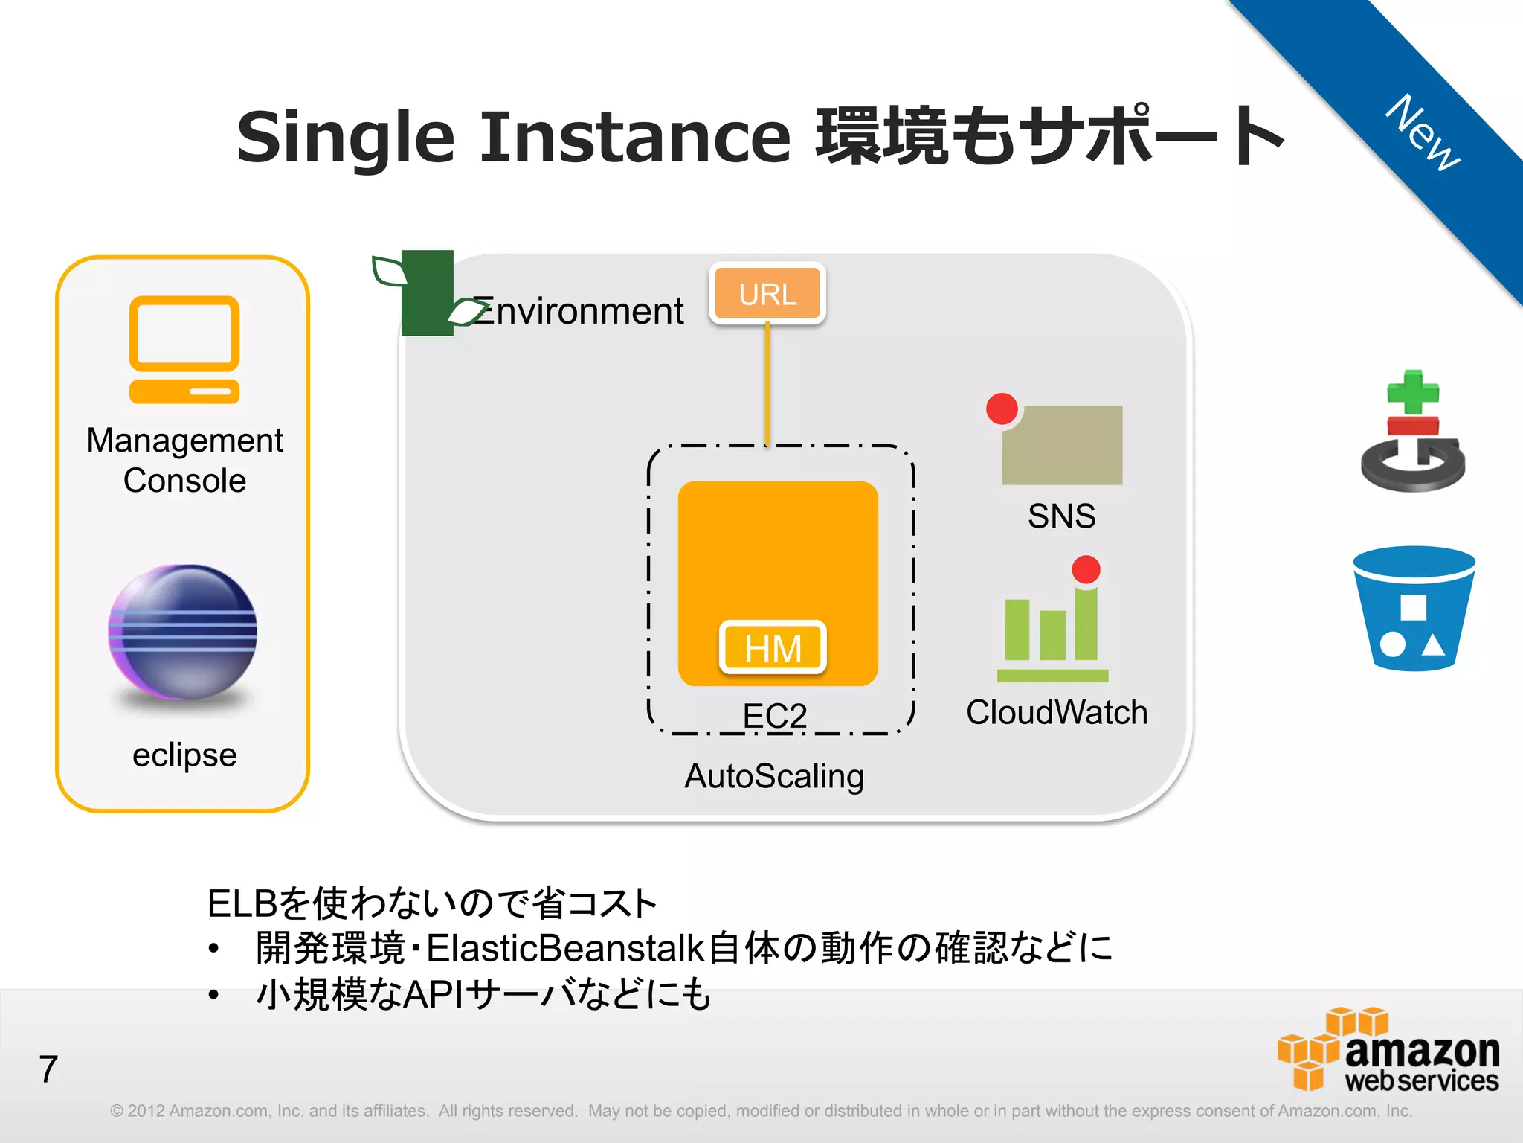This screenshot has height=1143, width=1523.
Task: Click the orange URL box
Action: [x=767, y=294]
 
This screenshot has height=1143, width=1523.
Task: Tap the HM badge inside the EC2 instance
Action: [x=773, y=647]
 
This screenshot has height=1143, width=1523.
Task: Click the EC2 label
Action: [x=775, y=716]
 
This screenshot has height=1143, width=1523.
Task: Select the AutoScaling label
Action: [x=774, y=776]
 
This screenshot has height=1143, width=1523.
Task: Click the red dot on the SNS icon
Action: [x=1002, y=409]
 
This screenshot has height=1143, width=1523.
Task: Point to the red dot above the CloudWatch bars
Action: [x=1086, y=570]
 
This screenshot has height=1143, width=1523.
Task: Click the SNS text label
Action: [x=1061, y=516]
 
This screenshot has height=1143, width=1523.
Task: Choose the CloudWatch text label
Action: [x=1056, y=712]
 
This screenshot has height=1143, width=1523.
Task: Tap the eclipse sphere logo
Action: [x=183, y=633]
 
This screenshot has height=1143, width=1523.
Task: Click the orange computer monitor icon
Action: [x=184, y=349]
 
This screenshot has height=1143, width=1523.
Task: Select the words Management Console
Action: [x=184, y=460]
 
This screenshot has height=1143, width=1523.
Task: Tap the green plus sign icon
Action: [x=1413, y=392]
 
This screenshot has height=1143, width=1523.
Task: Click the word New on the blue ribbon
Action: [x=1423, y=132]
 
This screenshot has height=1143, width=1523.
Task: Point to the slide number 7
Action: [x=48, y=1069]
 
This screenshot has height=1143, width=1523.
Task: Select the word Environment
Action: [x=579, y=311]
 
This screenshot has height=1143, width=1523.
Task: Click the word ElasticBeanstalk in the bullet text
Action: [x=564, y=948]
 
